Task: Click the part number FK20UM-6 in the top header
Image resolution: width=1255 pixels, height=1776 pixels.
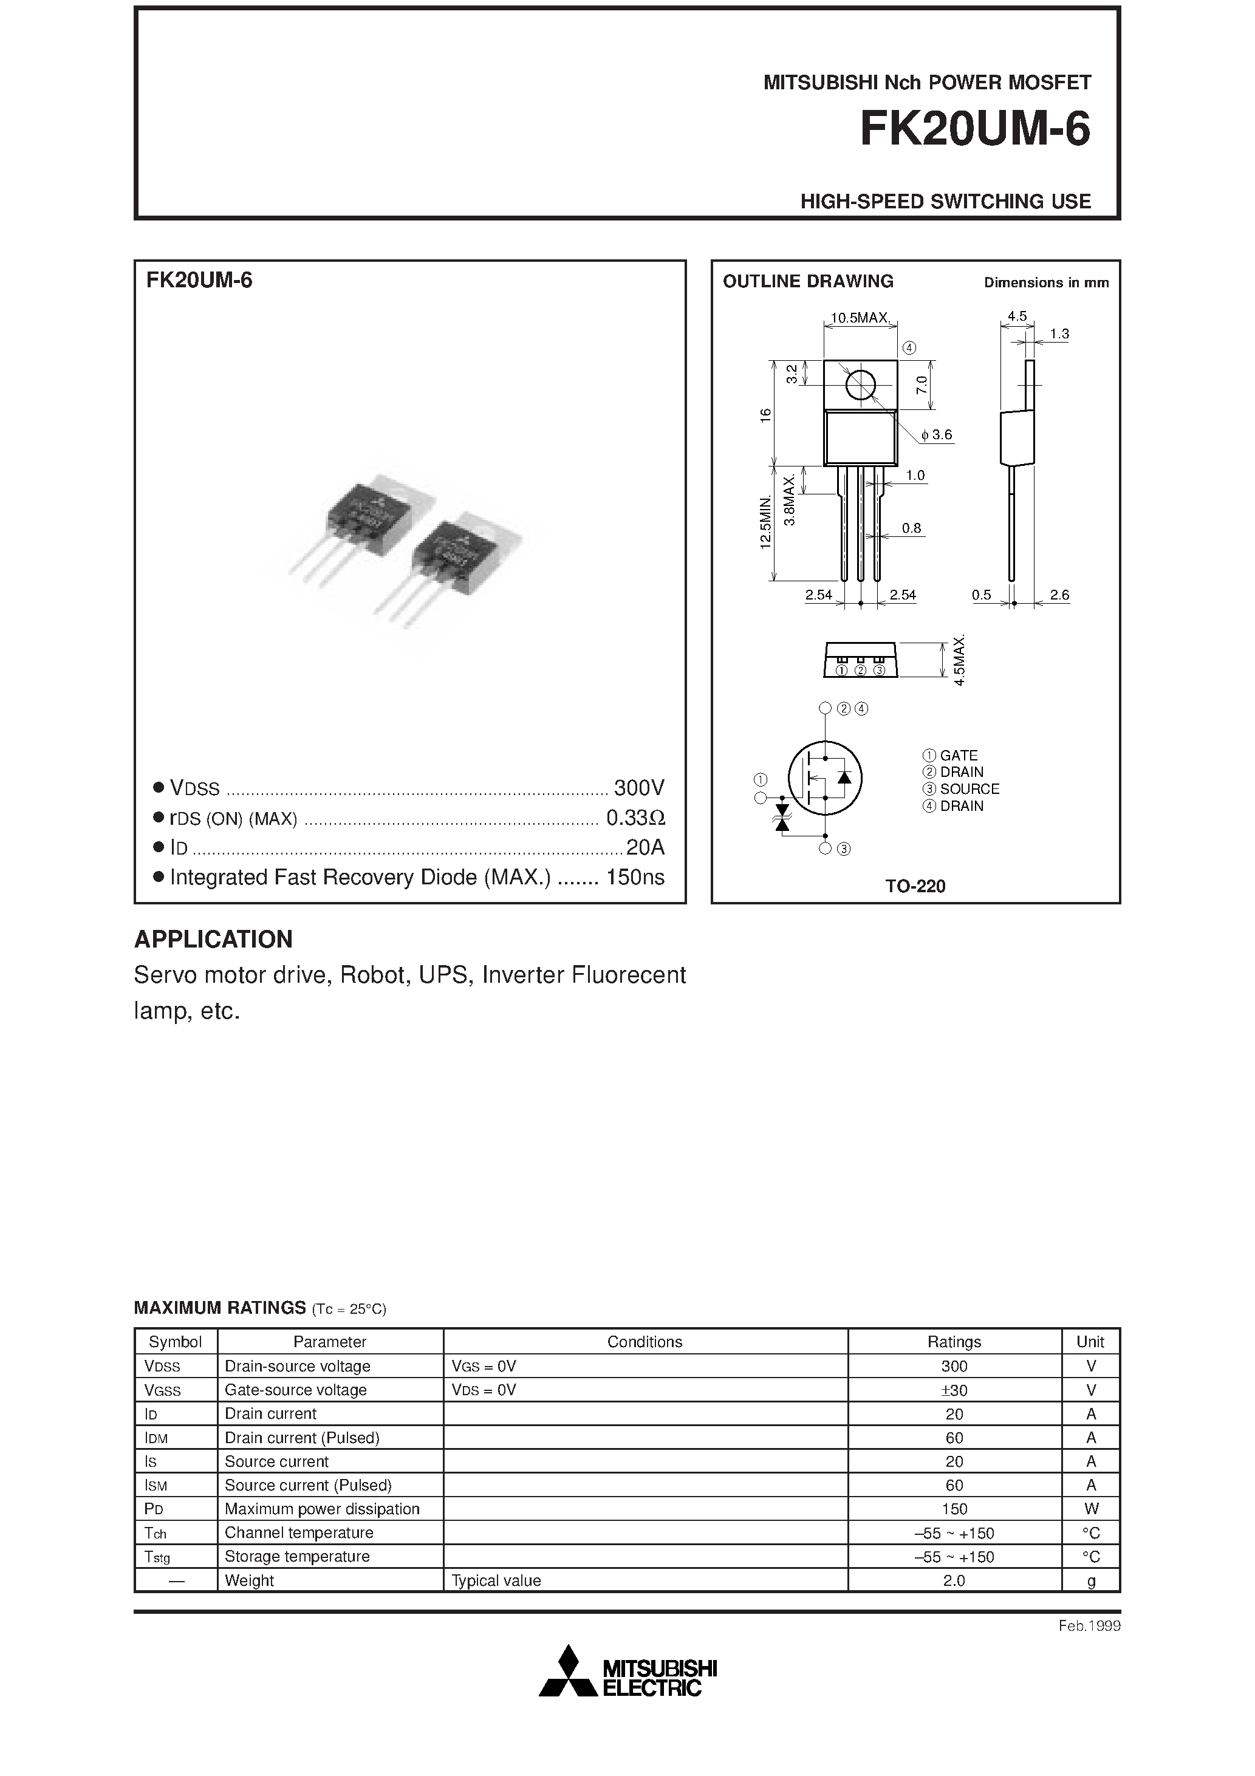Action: [974, 129]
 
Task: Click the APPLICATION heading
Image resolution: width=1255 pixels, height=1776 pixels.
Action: [214, 939]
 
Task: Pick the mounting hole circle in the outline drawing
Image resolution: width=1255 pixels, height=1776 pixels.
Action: [860, 385]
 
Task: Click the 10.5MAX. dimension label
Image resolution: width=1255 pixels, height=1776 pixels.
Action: [860, 317]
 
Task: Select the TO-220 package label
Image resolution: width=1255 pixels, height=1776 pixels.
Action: [915, 886]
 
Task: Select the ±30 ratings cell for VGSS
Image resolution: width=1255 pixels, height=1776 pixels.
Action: [954, 1390]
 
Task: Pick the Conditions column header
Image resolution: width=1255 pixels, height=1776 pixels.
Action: [645, 1342]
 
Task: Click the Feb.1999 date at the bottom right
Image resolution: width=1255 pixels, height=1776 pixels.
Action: [1089, 1626]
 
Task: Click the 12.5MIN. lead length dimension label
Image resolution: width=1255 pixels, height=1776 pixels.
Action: [766, 523]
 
